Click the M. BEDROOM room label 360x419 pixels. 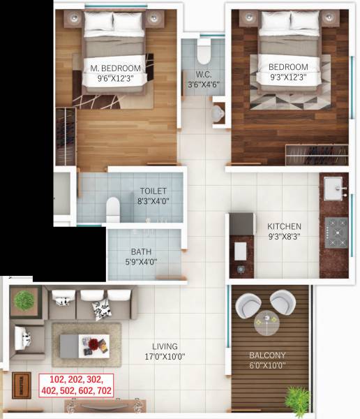click(116, 68)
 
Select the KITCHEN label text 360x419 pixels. click(285, 226)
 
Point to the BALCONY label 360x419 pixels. click(268, 355)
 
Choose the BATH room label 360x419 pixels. click(142, 252)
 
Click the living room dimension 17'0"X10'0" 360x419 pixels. click(165, 357)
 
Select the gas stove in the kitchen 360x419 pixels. click(336, 232)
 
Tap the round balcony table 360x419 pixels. click(266, 322)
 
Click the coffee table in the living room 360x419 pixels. click(84, 344)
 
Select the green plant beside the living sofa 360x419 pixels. click(24, 300)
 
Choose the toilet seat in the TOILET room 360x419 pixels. click(113, 207)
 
